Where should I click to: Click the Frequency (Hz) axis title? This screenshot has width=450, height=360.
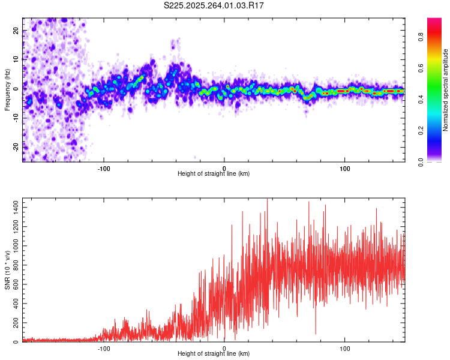pos(7,89)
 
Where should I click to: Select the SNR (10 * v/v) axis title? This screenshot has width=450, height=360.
pos(7,270)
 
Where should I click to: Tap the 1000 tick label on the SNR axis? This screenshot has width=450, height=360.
pos(13,245)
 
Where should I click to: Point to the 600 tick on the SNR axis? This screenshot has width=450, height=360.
pos(15,284)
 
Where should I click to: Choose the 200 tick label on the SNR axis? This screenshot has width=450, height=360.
pos(15,323)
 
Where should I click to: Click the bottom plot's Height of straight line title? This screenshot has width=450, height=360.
pos(213,355)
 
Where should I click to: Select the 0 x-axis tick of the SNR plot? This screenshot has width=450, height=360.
pos(224,349)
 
